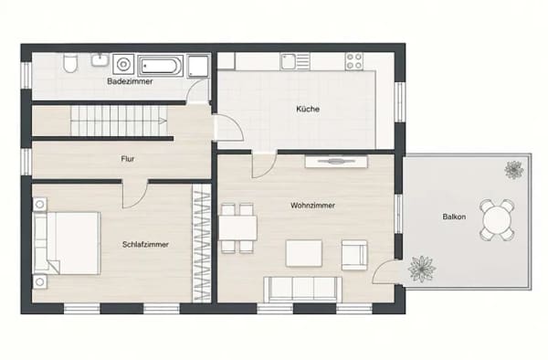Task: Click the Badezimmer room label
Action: coord(130,81)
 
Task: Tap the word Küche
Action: coord(308,109)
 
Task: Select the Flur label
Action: coord(128,159)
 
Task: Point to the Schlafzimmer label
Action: coord(145,244)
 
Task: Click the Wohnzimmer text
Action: coord(312,206)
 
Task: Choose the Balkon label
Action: coord(454,217)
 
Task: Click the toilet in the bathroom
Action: coord(70,63)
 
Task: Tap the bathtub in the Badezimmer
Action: coord(161,66)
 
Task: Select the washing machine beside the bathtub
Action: coord(123,65)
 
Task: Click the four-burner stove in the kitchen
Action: coord(354,61)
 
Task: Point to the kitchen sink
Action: coord(295,61)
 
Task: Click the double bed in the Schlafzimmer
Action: coord(67,243)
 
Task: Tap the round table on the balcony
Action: coord(497,220)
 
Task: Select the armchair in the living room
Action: coord(354,255)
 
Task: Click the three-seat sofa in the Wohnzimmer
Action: coord(303,290)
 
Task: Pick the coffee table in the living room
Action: coord(304,253)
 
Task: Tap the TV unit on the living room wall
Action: coord(336,162)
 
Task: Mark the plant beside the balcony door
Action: coord(422,269)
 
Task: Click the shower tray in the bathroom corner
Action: coord(198,66)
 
